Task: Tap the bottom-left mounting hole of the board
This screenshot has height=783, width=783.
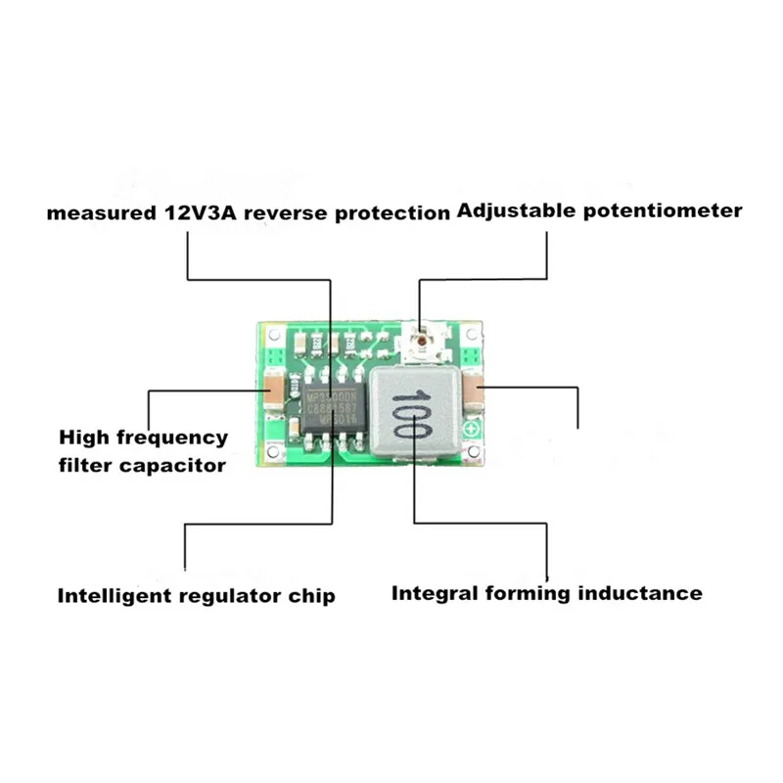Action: [x=269, y=454]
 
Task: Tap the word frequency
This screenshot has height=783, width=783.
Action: [x=175, y=438]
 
